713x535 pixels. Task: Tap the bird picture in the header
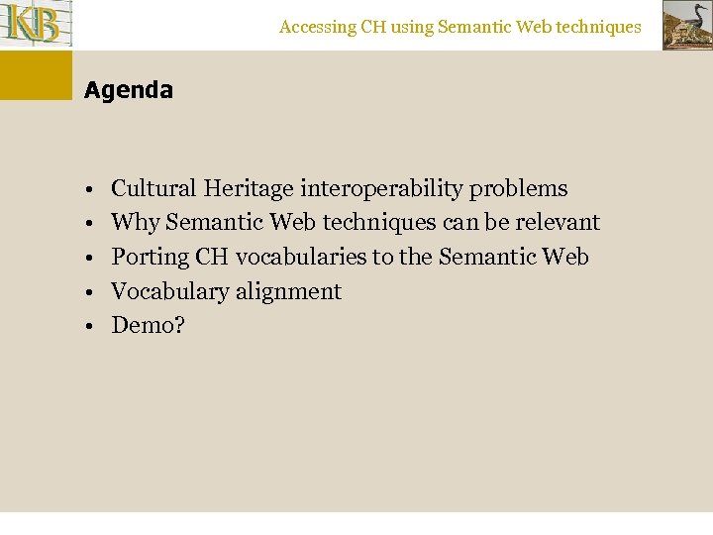click(x=686, y=25)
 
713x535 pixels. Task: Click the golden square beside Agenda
click(x=36, y=75)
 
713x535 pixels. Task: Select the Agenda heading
click(x=129, y=90)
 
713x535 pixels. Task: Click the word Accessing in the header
click(x=317, y=28)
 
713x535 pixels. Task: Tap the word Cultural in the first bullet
click(x=154, y=188)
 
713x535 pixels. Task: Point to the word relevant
click(x=558, y=222)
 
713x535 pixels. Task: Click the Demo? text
click(x=148, y=325)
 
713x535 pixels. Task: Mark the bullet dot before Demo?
click(x=88, y=326)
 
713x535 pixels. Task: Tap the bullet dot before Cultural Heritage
click(x=88, y=189)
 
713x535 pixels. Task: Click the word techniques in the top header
click(x=597, y=28)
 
